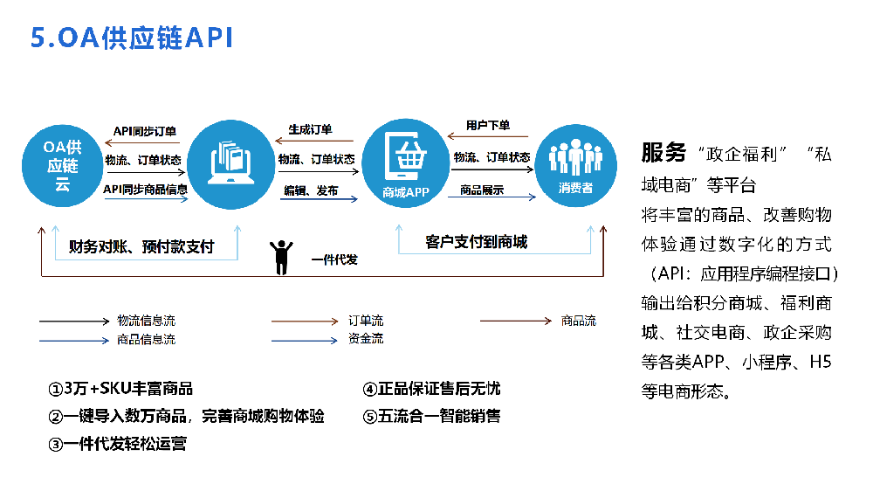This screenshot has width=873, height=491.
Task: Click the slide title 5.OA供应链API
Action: pos(132,38)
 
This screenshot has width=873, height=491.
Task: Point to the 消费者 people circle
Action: pos(575,164)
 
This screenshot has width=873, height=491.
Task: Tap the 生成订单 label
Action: pos(310,130)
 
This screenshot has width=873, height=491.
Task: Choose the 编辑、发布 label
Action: pos(311,190)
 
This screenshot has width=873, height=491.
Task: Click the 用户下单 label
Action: pos(488,126)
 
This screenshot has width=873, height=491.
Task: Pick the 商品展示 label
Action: pos(482,190)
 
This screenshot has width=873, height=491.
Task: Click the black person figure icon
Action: pos(281,257)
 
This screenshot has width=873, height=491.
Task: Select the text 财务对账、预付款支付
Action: pos(141,246)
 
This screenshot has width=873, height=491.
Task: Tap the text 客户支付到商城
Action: pos(476,241)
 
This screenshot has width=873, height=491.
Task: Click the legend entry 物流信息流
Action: pos(146,322)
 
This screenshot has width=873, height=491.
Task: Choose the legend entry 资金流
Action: pos(366,339)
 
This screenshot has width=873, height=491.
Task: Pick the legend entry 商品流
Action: pos(578,322)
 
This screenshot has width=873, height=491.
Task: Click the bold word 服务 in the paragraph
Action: pos(663,153)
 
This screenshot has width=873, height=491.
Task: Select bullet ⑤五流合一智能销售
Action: pos(431,416)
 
